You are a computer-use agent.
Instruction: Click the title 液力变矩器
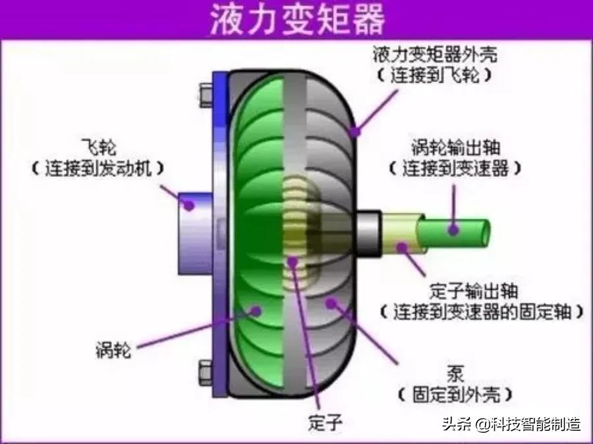[x=296, y=20]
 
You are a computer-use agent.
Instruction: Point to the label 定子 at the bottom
[x=325, y=421]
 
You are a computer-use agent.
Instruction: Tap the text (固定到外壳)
[x=454, y=395]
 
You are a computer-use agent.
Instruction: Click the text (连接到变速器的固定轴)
[x=482, y=310]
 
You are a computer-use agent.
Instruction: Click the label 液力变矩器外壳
[x=434, y=53]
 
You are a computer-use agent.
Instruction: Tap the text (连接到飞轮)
[x=434, y=75]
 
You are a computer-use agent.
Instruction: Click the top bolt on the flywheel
[x=205, y=95]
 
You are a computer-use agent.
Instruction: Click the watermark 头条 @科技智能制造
[x=511, y=424]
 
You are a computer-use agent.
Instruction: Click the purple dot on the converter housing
[x=356, y=131]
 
